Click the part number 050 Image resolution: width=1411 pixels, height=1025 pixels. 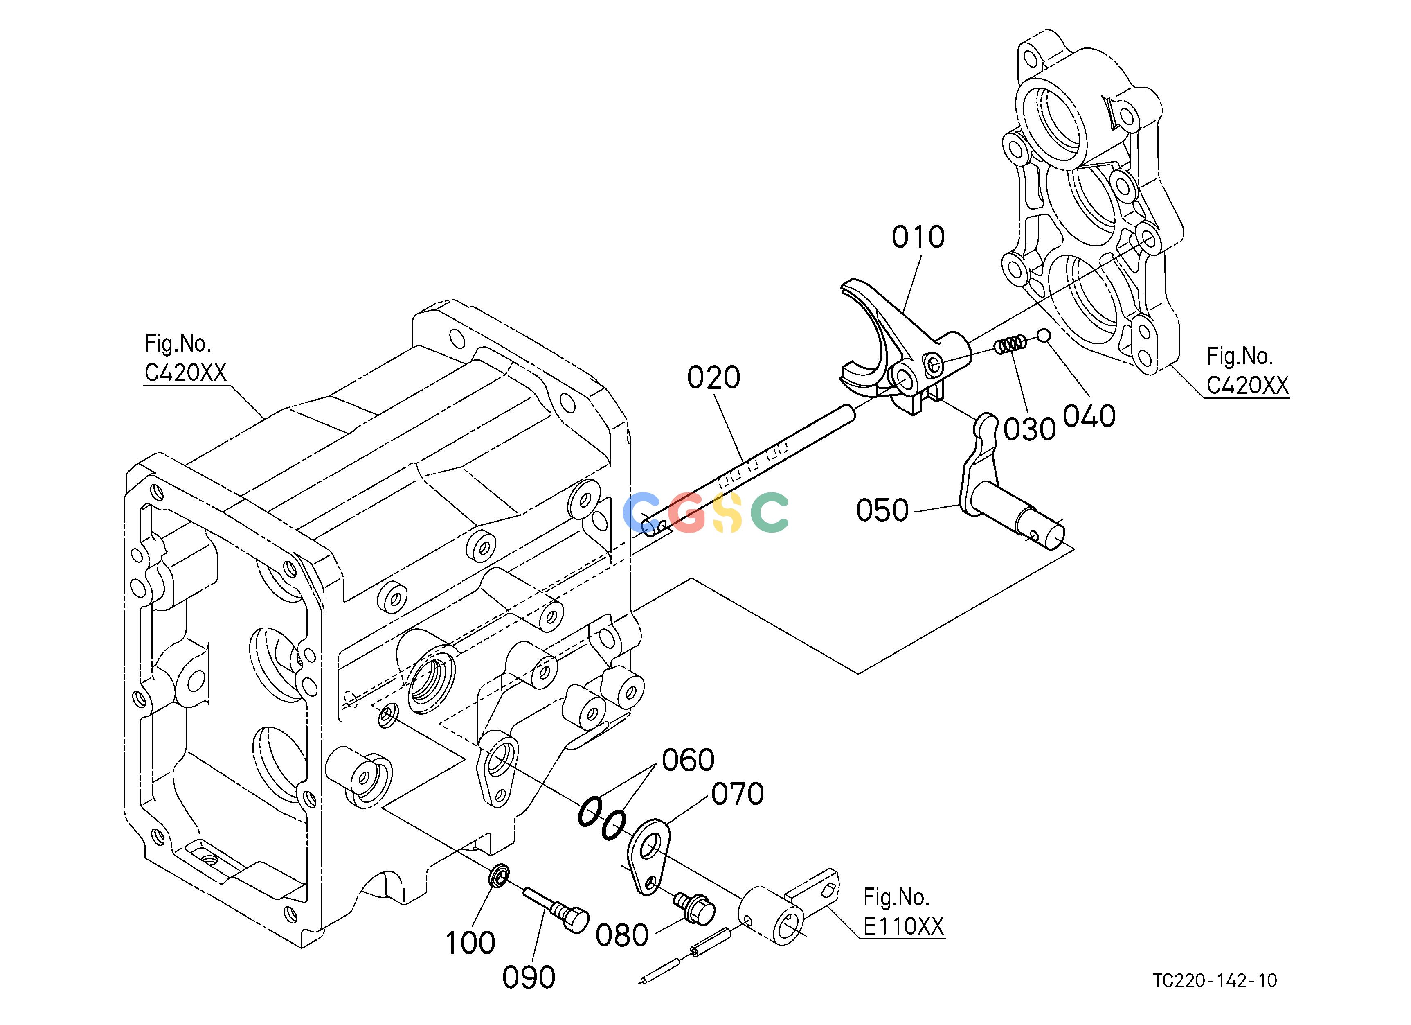click(882, 510)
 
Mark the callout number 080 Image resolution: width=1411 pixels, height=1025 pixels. click(622, 935)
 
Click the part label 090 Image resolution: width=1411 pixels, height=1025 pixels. click(529, 978)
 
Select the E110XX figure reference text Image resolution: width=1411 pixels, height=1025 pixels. click(903, 927)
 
